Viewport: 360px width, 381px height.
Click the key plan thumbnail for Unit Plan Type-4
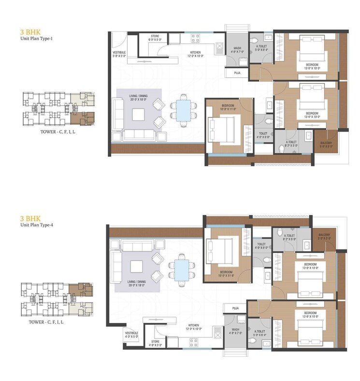[57, 298]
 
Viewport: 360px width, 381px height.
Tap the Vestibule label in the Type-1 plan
[119, 53]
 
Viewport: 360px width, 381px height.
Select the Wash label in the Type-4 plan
[235, 331]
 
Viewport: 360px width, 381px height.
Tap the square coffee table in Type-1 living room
[139, 114]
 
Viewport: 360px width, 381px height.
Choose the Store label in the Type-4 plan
[157, 343]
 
